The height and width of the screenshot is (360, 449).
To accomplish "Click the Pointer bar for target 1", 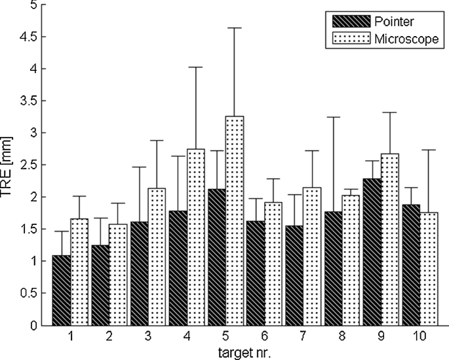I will (61, 290).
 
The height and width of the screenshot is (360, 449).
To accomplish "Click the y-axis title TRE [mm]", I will (9, 164).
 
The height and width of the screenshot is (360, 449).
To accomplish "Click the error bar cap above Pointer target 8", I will (337, 117).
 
